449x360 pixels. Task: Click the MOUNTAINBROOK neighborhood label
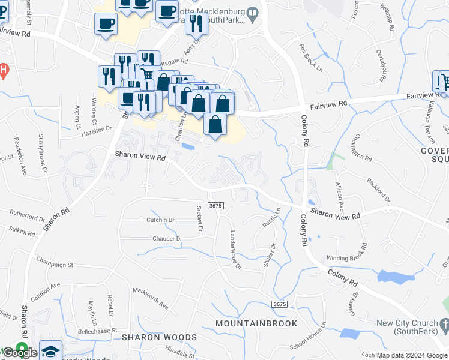pos(256,323)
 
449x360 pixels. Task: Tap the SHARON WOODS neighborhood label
pos(159,337)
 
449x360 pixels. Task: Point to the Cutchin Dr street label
pos(160,220)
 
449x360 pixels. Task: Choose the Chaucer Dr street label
pos(167,239)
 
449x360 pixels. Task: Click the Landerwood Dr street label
pos(234,251)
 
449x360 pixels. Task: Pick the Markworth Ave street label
pos(151,298)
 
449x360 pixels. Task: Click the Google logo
pos(20,353)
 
